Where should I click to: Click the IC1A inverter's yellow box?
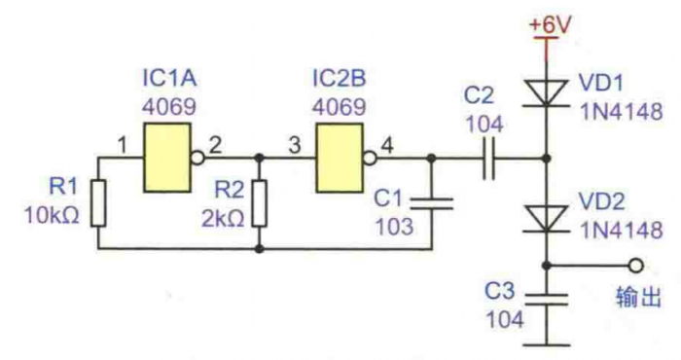click(x=167, y=158)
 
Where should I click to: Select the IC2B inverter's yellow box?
click(x=340, y=158)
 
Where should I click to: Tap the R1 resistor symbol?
click(x=98, y=203)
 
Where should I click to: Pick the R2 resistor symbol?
click(x=260, y=203)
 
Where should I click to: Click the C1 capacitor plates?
click(x=432, y=203)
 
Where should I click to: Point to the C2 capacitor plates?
click(x=488, y=158)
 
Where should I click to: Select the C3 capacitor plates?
click(x=547, y=300)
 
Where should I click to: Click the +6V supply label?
click(x=549, y=25)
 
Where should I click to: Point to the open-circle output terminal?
click(x=636, y=266)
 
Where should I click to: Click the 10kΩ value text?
click(x=53, y=215)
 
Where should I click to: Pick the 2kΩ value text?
click(x=223, y=219)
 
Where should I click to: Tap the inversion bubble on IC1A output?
click(x=197, y=158)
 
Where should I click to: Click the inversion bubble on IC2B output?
click(x=370, y=158)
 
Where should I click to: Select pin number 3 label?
click(x=295, y=145)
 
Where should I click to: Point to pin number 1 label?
click(x=122, y=145)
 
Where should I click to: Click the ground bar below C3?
click(x=547, y=345)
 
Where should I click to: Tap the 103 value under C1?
click(x=394, y=227)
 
